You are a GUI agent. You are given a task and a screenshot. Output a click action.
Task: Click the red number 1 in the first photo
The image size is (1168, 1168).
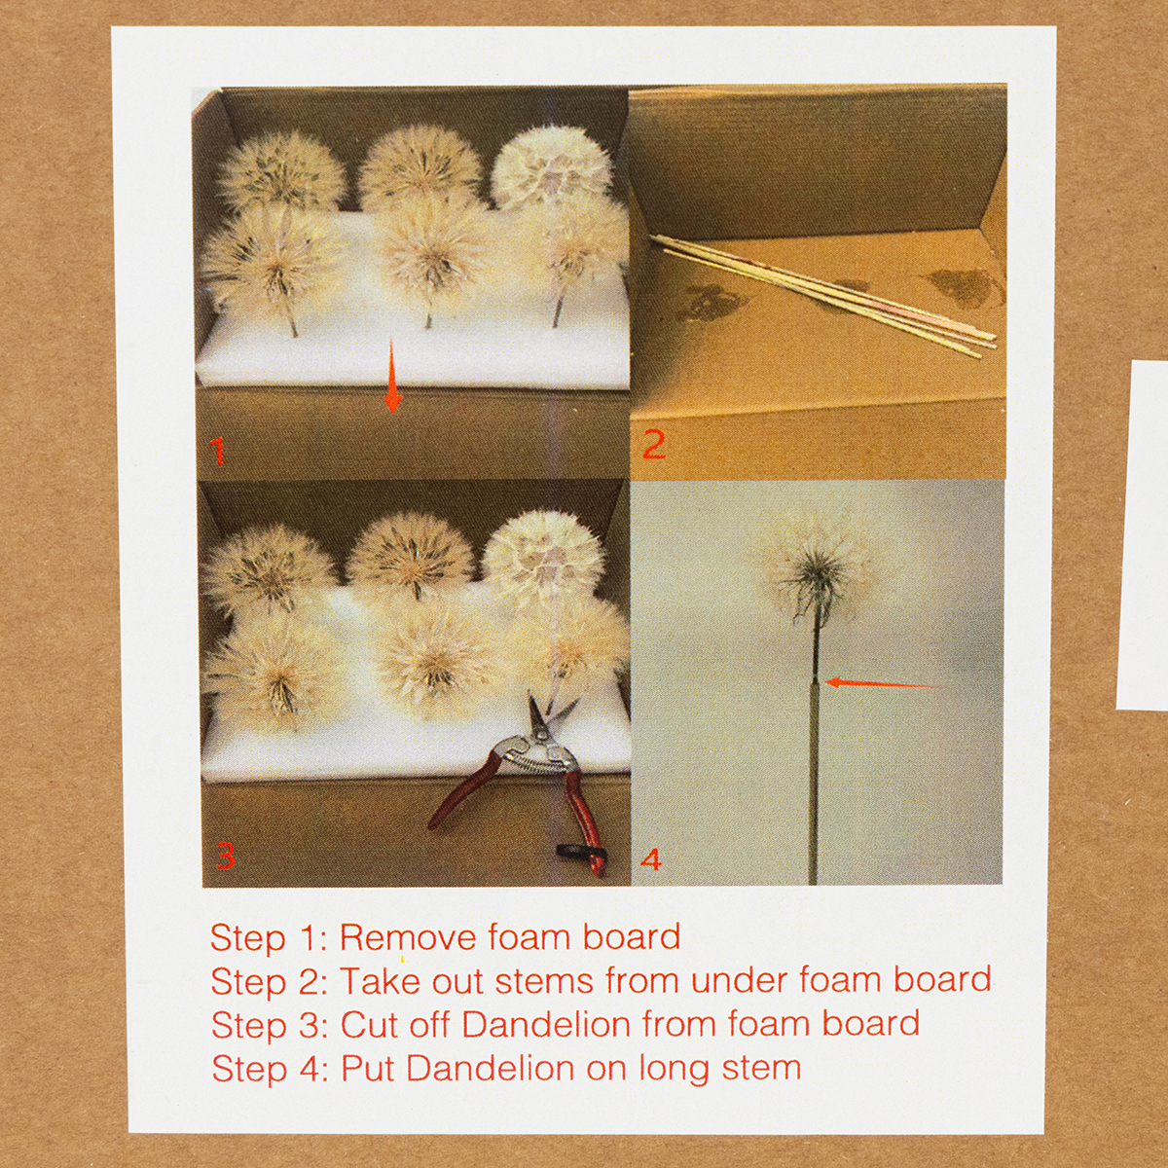pyautogui.click(x=217, y=451)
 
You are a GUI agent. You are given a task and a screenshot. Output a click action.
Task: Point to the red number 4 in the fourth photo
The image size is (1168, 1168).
pyautogui.click(x=650, y=860)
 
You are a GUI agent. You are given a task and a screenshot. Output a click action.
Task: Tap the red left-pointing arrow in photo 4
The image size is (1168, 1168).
pyautogui.click(x=882, y=683)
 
